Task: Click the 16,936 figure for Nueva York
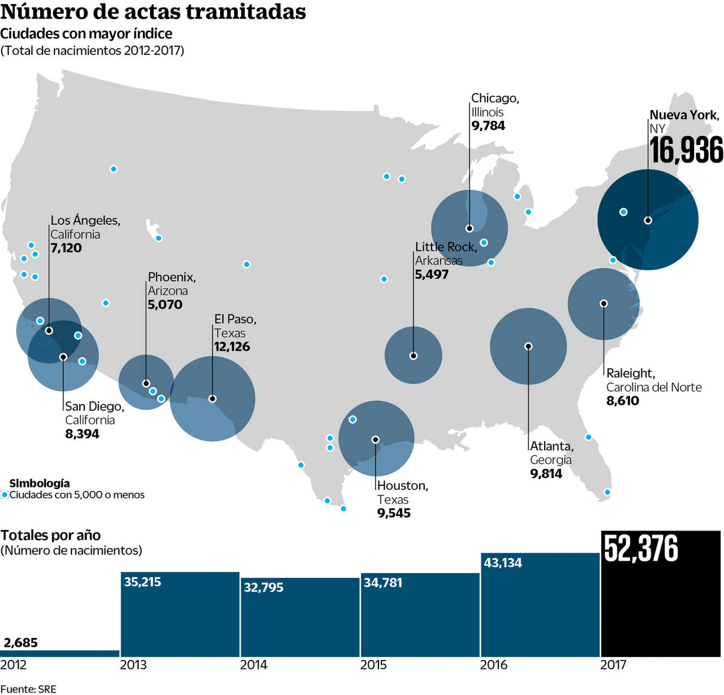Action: [686, 150]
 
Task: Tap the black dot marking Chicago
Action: [469, 228]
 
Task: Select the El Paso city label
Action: [235, 319]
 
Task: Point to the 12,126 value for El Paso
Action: [232, 346]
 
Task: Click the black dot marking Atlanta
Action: [528, 346]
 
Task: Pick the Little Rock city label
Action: [446, 247]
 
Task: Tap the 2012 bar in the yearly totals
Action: [60, 653]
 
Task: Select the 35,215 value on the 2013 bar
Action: [143, 582]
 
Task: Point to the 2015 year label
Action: [373, 665]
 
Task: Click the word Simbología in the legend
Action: [40, 483]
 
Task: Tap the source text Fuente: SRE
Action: [28, 689]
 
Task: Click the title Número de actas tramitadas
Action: [153, 12]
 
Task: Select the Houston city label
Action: [402, 486]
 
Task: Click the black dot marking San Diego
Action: [63, 357]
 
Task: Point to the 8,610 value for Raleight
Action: [623, 401]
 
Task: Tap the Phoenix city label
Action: [171, 277]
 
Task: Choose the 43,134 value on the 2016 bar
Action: [503, 563]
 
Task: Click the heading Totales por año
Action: [51, 535]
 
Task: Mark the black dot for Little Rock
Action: [413, 356]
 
